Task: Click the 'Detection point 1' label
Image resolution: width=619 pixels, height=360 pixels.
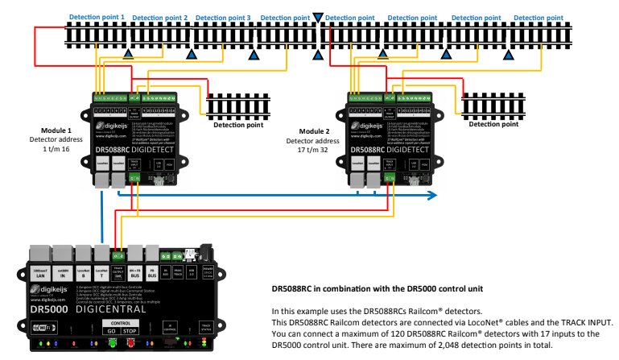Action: tap(97, 16)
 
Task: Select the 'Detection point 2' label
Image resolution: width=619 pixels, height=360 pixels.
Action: tap(159, 17)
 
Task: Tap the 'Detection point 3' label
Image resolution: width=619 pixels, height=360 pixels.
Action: tap(223, 17)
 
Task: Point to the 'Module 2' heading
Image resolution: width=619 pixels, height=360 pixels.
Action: tap(314, 131)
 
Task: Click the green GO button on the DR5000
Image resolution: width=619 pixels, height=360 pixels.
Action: tap(110, 330)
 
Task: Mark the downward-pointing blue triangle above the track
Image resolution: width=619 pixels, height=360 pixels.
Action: tap(318, 16)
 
